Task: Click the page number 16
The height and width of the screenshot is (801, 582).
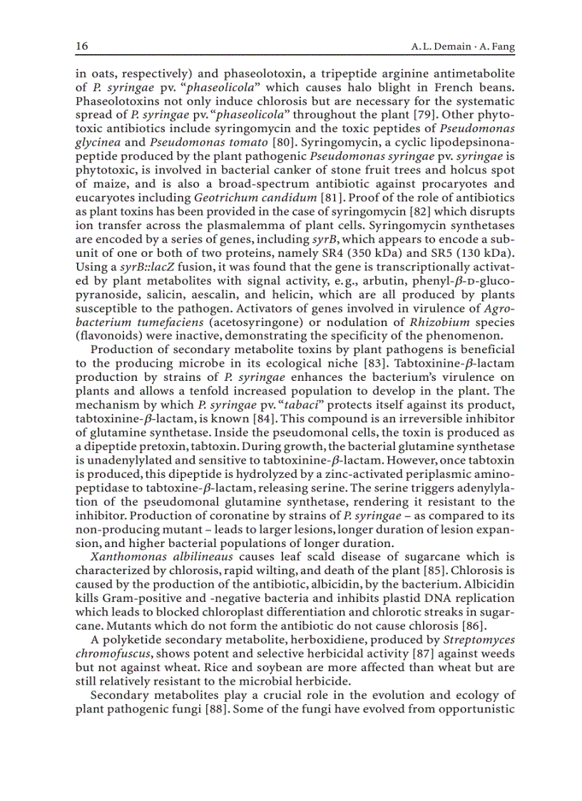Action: [x=81, y=46]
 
